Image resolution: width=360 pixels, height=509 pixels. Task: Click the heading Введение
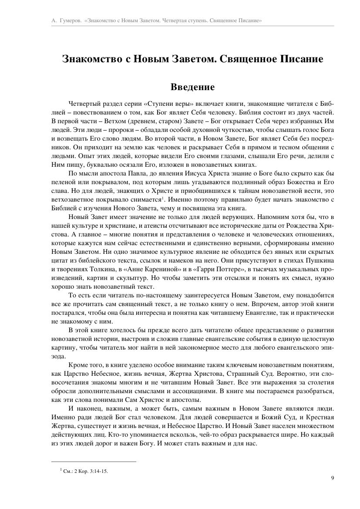pos(192,87)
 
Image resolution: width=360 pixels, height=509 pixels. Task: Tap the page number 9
pos(332,478)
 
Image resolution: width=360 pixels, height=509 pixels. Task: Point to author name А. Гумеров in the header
pos(64,20)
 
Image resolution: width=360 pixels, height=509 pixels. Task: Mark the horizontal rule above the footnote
pos(94,461)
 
